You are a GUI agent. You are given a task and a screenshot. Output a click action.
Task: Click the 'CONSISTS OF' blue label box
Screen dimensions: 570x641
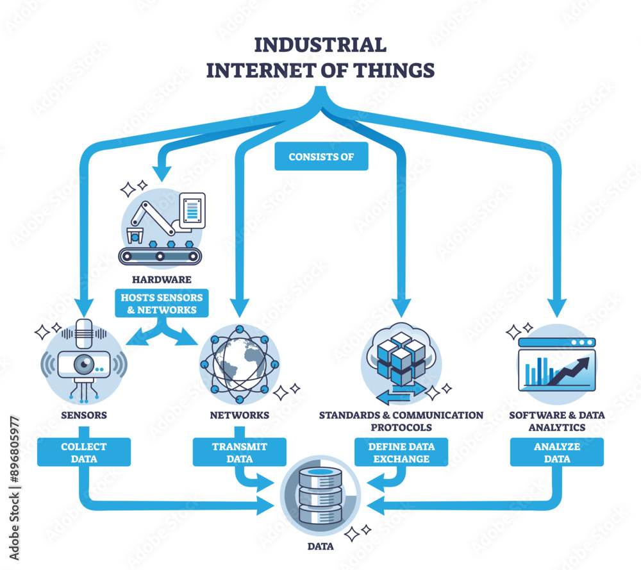[321, 156]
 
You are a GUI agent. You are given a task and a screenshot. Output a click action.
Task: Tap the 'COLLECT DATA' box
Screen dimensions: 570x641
[84, 452]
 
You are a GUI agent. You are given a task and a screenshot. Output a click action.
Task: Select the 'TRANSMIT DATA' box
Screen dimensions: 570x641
[240, 452]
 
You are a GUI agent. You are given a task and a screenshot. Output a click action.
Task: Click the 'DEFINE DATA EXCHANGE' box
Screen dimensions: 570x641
[401, 452]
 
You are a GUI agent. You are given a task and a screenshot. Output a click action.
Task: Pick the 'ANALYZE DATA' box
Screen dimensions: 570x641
[556, 452]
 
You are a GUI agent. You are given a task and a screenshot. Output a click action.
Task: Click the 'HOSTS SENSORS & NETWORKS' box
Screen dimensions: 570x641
[161, 303]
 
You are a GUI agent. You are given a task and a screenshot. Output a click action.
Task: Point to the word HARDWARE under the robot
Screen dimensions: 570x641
[161, 280]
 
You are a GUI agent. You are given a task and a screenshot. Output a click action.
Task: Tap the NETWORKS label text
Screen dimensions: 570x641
[240, 415]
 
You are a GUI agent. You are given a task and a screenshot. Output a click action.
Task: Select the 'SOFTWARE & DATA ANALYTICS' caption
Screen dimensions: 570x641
[556, 421]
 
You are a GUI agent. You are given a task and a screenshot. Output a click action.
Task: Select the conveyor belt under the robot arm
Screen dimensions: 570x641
[160, 256]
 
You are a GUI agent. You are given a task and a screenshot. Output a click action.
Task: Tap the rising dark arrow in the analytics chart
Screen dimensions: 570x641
[565, 371]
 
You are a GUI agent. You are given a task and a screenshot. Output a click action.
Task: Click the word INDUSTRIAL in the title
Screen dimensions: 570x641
[320, 45]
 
